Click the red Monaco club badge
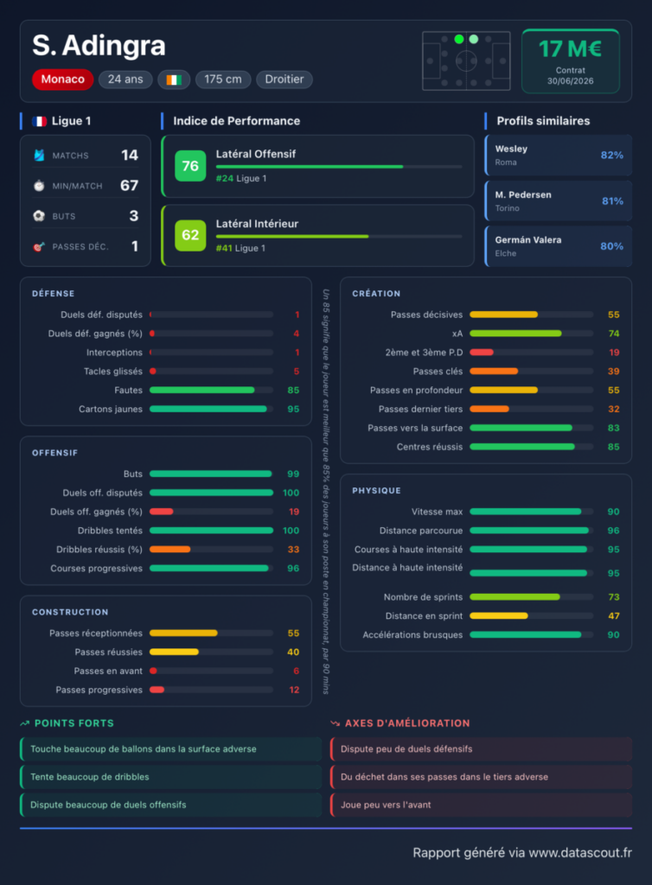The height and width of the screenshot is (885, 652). click(x=62, y=79)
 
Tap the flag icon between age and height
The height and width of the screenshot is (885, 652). click(x=174, y=80)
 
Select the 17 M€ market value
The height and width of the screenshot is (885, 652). click(x=570, y=48)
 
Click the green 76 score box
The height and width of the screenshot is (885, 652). click(x=190, y=166)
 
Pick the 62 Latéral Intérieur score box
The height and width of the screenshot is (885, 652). click(x=190, y=235)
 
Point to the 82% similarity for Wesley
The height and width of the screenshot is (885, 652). click(x=612, y=156)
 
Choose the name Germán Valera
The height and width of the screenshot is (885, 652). click(x=528, y=240)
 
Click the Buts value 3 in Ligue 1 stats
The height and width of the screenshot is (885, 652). click(x=134, y=215)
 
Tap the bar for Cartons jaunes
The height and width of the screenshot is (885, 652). click(x=208, y=409)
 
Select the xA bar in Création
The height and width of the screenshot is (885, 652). click(x=515, y=334)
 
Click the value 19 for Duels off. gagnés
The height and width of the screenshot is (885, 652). click(x=293, y=512)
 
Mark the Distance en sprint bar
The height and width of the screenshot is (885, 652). click(x=498, y=615)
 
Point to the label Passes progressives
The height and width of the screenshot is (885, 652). click(x=99, y=690)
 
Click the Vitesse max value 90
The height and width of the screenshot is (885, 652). click(x=613, y=512)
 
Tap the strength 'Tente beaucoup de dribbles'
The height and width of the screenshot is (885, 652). click(x=90, y=777)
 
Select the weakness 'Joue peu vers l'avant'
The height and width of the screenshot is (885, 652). click(x=386, y=805)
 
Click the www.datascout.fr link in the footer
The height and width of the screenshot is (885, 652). click(x=579, y=852)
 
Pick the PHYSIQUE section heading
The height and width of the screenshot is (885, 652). click(x=376, y=491)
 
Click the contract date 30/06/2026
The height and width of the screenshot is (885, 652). click(x=570, y=80)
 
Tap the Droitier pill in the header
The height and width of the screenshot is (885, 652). click(x=284, y=79)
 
